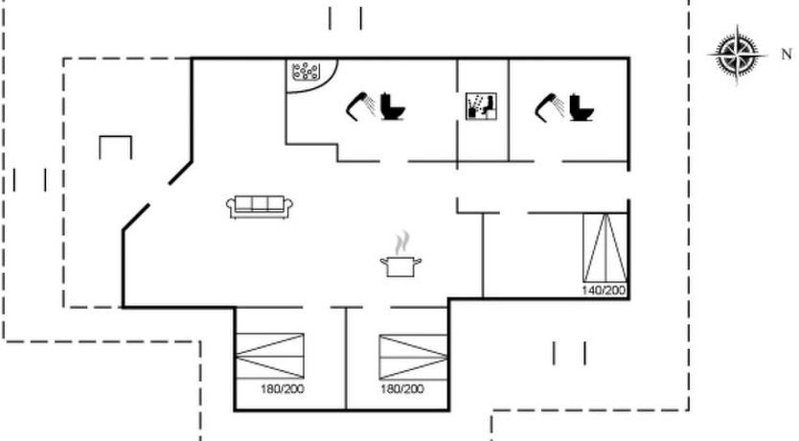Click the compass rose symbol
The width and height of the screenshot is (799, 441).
pyautogui.click(x=737, y=54)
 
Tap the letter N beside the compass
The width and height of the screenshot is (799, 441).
pyautogui.click(x=787, y=54)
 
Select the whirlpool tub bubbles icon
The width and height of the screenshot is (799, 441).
pyautogui.click(x=306, y=71)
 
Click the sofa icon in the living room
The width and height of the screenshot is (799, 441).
pyautogui.click(x=260, y=207)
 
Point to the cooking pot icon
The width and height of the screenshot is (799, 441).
pyautogui.click(x=401, y=267)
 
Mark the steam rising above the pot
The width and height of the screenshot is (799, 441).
pyautogui.click(x=402, y=242)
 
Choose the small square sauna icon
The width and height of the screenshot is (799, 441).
pyautogui.click(x=481, y=106)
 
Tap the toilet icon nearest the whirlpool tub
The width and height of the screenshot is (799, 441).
pyautogui.click(x=393, y=106)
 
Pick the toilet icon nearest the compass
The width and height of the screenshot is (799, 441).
pyautogui.click(x=582, y=106)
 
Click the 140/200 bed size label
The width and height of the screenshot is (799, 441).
pyautogui.click(x=604, y=290)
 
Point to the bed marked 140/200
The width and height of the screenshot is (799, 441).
pyautogui.click(x=605, y=247)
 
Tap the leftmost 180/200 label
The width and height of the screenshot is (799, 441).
pyautogui.click(x=283, y=389)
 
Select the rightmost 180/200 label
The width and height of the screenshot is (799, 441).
pyautogui.click(x=402, y=389)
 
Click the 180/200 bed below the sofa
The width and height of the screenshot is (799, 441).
pyautogui.click(x=270, y=357)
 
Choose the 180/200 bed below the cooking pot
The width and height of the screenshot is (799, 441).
pyautogui.click(x=413, y=357)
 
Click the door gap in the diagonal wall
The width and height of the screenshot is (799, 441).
pyautogui.click(x=159, y=194)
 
